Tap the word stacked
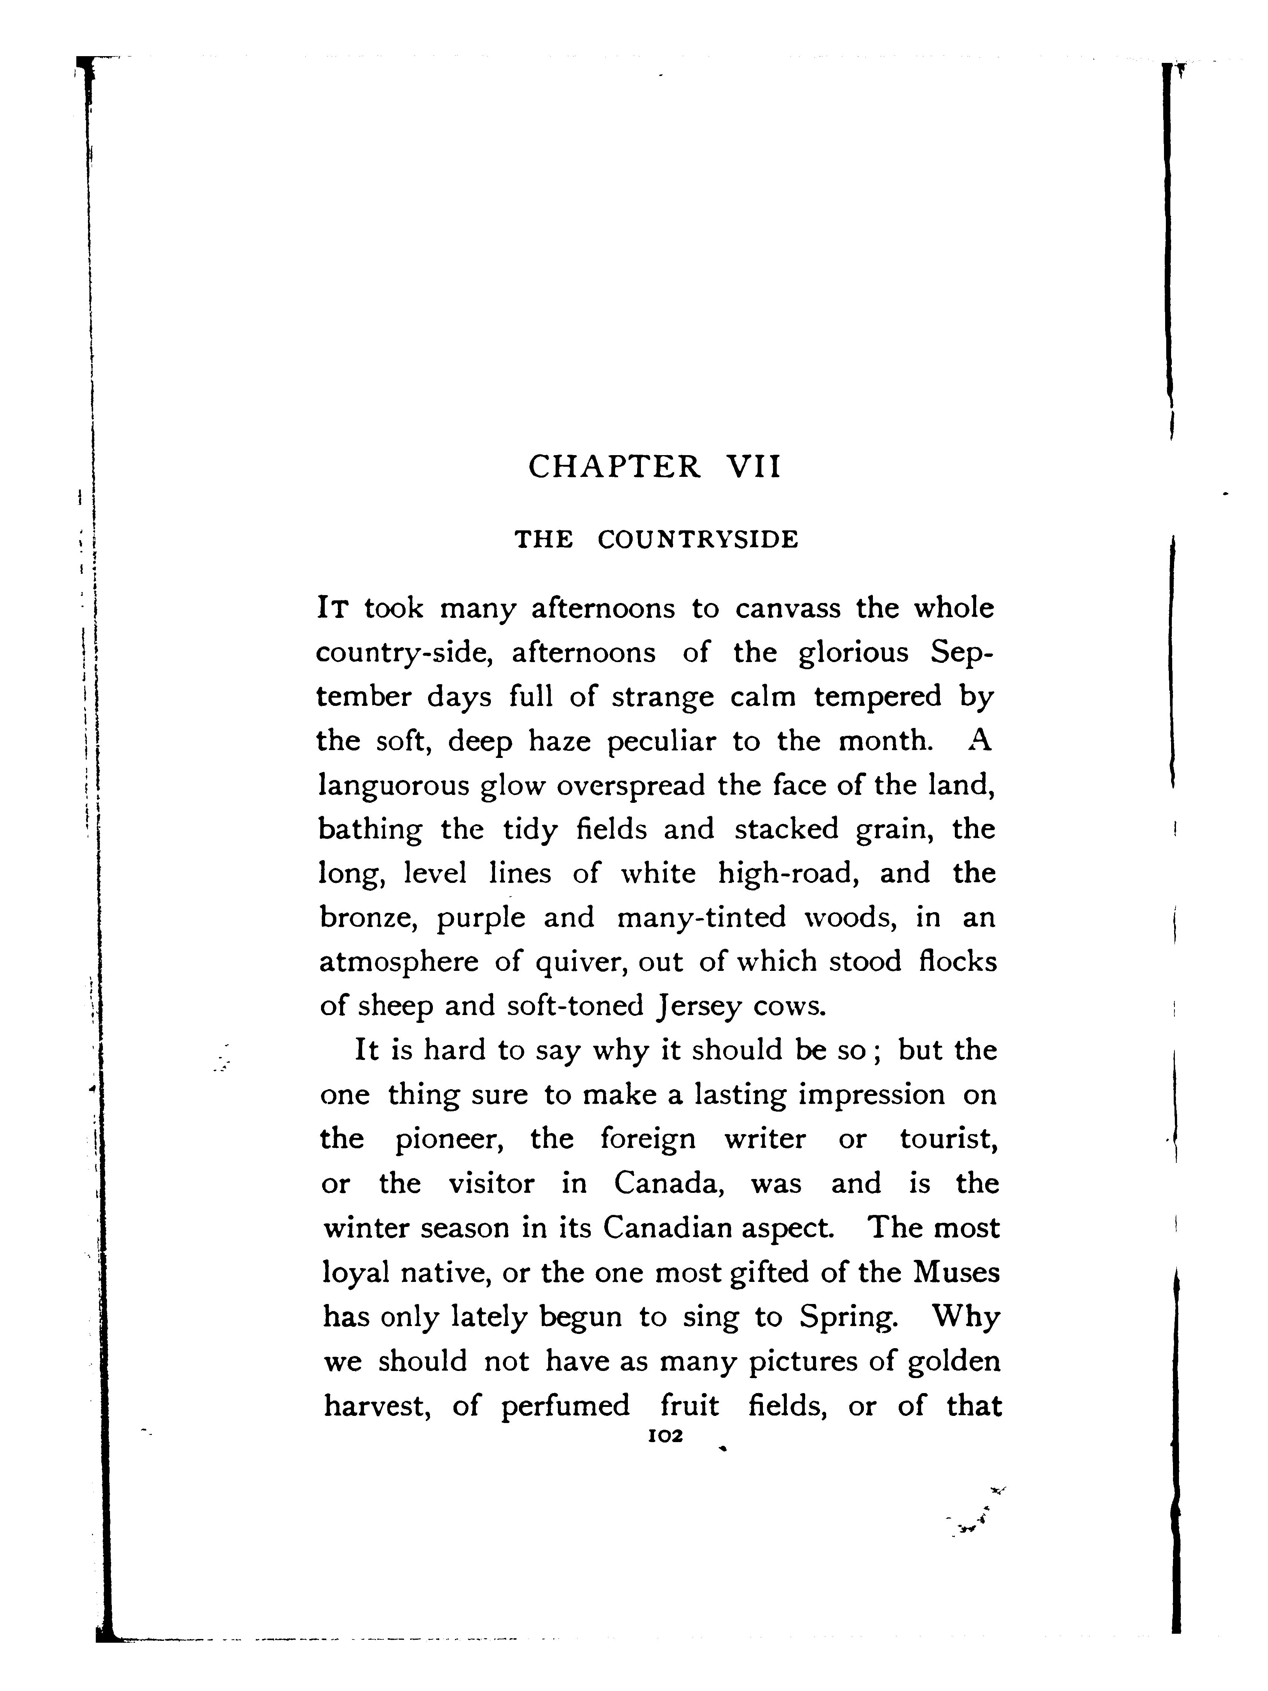tap(786, 829)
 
